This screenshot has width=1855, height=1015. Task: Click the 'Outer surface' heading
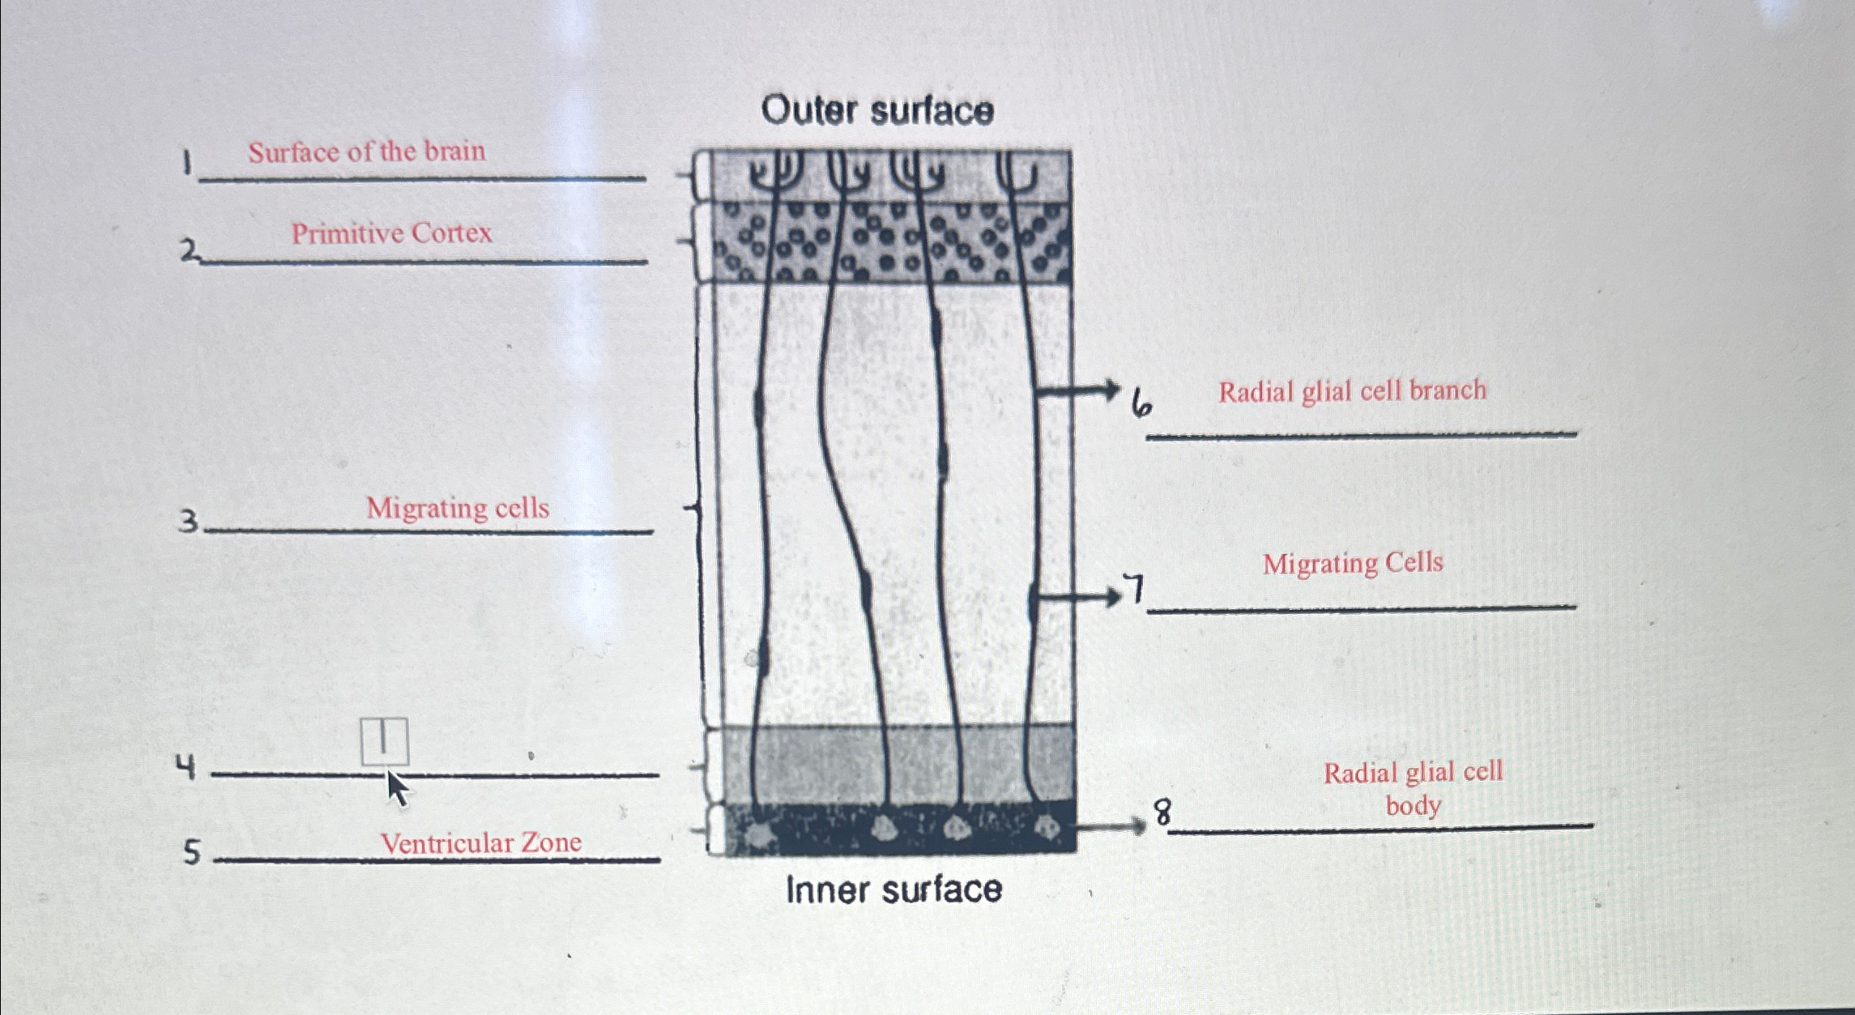pyautogui.click(x=877, y=110)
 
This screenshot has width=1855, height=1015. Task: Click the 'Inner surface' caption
pyautogui.click(x=893, y=889)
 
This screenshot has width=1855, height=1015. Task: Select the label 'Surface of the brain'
pyautogui.click(x=366, y=151)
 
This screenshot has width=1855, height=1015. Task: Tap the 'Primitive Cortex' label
pyautogui.click(x=391, y=233)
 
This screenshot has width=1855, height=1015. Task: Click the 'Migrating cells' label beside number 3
pyautogui.click(x=457, y=508)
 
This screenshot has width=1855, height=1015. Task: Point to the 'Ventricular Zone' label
pyautogui.click(x=480, y=842)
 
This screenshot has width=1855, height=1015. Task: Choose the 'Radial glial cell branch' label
pyautogui.click(x=1352, y=391)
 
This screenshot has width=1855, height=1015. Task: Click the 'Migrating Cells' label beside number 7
pyautogui.click(x=1352, y=563)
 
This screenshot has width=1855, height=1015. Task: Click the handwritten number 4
pyautogui.click(x=186, y=766)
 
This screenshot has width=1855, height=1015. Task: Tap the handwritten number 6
pyautogui.click(x=1141, y=403)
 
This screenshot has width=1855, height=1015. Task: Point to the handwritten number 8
pyautogui.click(x=1162, y=811)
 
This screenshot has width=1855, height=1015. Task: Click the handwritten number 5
pyautogui.click(x=191, y=851)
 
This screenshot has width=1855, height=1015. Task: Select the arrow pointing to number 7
pyautogui.click(x=1077, y=598)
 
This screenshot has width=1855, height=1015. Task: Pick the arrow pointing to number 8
pyautogui.click(x=1110, y=825)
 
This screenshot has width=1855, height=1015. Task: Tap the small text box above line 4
pyautogui.click(x=384, y=740)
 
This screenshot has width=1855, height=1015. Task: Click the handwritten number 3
pyautogui.click(x=188, y=520)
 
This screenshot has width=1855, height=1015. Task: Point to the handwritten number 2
pyautogui.click(x=190, y=250)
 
